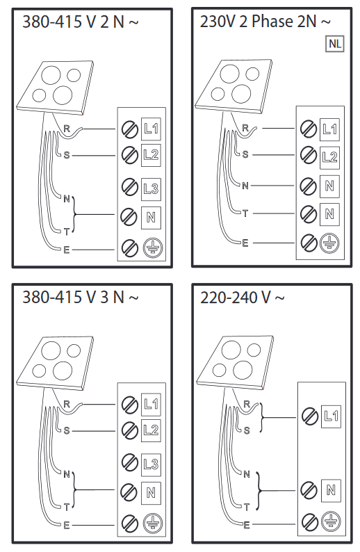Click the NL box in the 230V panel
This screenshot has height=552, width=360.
[335, 44]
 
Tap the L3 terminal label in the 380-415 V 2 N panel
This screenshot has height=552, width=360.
[151, 188]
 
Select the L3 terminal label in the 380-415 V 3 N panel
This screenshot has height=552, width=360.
[151, 464]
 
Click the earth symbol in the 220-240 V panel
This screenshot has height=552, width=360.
[331, 521]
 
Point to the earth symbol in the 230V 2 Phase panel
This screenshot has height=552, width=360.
[329, 243]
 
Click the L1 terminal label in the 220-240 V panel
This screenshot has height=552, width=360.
[331, 416]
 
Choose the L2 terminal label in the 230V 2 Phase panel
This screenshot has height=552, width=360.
[329, 157]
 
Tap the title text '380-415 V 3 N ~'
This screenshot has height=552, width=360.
[81, 298]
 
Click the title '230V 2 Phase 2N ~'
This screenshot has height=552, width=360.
[265, 22]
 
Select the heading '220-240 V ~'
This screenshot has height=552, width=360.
[242, 298]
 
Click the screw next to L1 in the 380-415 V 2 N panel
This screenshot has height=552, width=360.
[129, 129]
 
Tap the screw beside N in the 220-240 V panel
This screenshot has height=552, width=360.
[310, 490]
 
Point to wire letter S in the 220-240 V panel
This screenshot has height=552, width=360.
[247, 430]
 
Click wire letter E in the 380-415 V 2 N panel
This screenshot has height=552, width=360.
[67, 250]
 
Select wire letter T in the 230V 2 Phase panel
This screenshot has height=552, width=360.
[245, 213]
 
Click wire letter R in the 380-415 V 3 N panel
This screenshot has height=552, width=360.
[67, 404]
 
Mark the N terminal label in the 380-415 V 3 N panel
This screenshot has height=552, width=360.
[151, 493]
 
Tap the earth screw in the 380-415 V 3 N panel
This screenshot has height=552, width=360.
[129, 523]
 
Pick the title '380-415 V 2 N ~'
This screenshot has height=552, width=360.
[81, 22]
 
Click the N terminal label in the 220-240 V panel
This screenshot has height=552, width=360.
[331, 490]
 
